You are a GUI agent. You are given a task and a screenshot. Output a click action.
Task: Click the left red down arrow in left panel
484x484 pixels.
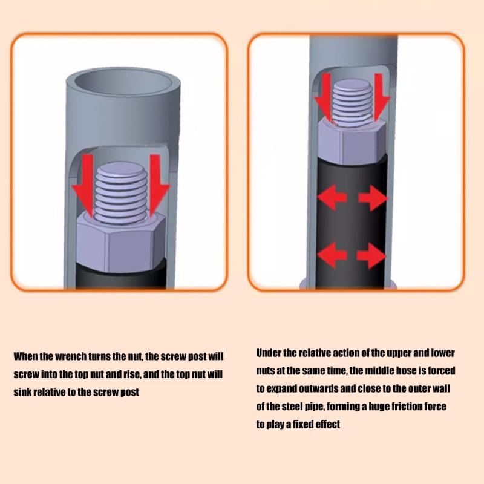click(83, 185)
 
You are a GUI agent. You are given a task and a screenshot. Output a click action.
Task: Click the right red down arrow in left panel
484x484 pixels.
click(159, 185)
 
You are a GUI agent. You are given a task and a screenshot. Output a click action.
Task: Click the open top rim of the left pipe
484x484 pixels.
click(123, 82)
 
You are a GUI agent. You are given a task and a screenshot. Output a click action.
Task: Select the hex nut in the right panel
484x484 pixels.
click(352, 142)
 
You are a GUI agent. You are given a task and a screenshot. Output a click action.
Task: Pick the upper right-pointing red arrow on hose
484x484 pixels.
click(373, 198)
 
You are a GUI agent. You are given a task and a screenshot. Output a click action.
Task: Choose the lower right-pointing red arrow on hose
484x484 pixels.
click(371, 255)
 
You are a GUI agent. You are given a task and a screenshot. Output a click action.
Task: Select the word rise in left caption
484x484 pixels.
click(132, 374)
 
